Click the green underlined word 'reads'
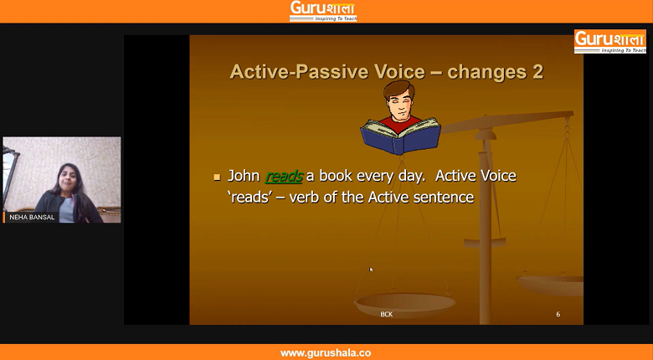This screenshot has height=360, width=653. click(284, 177)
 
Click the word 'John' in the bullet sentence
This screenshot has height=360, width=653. click(244, 176)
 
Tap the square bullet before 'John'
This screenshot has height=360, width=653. click(217, 177)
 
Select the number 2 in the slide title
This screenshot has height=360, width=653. click(537, 72)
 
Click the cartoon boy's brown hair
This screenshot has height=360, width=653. click(399, 90)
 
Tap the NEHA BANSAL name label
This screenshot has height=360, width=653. click(32, 217)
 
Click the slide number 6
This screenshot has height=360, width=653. click(558, 314)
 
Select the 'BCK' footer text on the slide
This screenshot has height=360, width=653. click(387, 314)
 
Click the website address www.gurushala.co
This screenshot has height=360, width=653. click(326, 353)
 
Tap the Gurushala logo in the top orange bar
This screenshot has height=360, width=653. click(323, 11)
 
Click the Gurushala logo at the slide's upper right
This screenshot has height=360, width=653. click(610, 41)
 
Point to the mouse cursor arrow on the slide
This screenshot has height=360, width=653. click(371, 270)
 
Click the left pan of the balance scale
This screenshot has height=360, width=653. click(405, 304)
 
